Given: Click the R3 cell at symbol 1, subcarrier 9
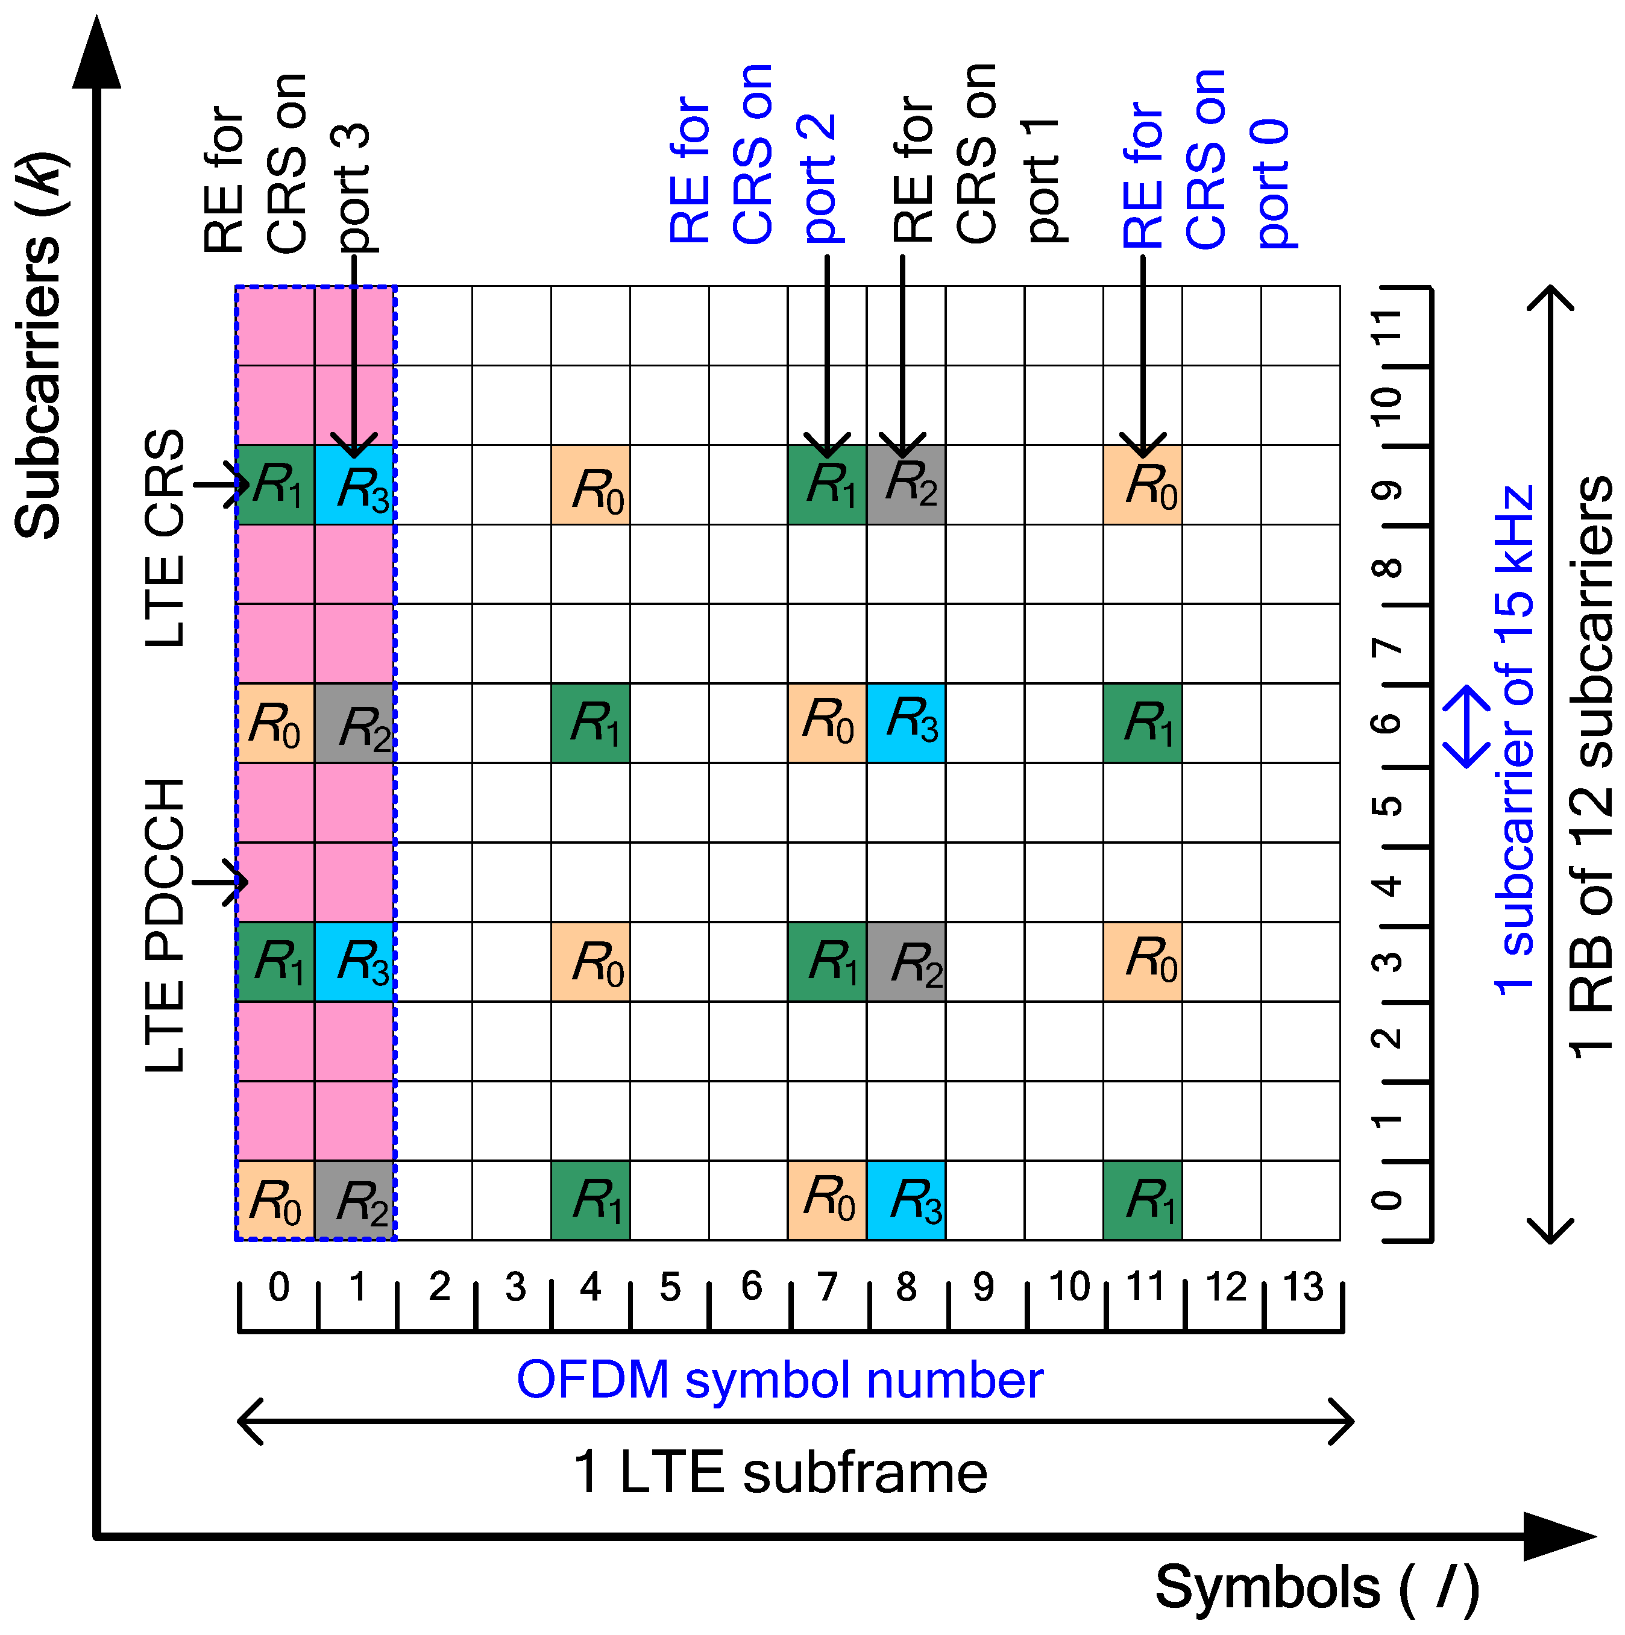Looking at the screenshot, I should tap(354, 485).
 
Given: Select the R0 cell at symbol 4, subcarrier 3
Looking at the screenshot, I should tap(591, 961).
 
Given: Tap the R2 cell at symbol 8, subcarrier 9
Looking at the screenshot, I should tap(905, 485).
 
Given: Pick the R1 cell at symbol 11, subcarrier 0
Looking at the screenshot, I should tap(1143, 1200).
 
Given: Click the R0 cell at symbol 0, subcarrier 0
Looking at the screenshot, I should tap(275, 1200).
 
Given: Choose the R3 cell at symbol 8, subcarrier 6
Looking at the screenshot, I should tap(905, 723).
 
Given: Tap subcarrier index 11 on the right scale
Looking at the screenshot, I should tap(1386, 327).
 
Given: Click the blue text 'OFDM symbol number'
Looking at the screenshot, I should tap(779, 1380).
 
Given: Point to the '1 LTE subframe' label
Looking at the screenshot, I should tap(779, 1472).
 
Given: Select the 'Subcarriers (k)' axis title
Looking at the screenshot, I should tap(39, 345).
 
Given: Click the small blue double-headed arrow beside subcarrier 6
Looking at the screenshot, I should tap(1466, 726).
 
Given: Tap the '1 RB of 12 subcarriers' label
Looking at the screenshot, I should tap(1592, 767).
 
